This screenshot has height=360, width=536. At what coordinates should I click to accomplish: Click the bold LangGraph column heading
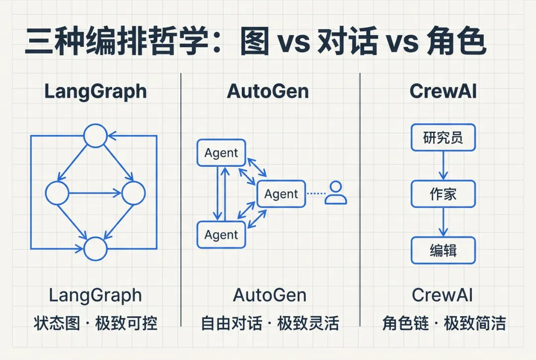[95, 92]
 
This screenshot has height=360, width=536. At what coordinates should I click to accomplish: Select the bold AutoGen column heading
[268, 91]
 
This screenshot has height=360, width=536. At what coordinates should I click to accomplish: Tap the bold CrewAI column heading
[443, 91]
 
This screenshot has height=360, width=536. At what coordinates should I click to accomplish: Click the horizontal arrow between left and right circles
[95, 193]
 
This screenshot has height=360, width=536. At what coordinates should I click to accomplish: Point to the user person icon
[335, 193]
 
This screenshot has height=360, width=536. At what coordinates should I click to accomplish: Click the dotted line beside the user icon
[316, 194]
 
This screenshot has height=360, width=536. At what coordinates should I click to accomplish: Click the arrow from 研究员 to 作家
[443, 165]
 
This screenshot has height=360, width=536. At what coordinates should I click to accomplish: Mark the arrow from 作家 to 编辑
[443, 222]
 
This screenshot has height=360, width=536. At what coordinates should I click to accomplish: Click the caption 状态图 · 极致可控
[95, 323]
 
